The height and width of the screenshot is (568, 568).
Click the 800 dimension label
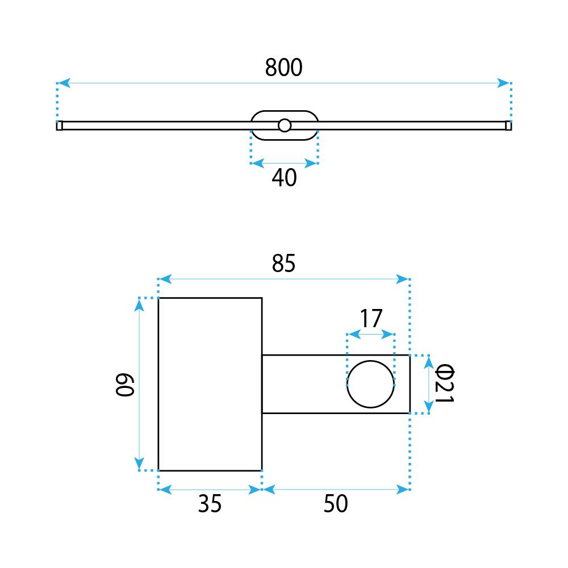pyautogui.click(x=283, y=68)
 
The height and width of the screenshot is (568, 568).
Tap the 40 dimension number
pyautogui.click(x=284, y=178)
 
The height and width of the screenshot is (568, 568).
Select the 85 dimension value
pyautogui.click(x=283, y=264)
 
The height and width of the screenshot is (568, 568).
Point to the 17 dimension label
pyautogui.click(x=371, y=319)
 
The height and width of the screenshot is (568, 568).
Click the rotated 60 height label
pyautogui.click(x=124, y=385)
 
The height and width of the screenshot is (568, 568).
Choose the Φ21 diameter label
pyautogui.click(x=445, y=385)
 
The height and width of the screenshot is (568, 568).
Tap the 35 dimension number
pyautogui.click(x=210, y=504)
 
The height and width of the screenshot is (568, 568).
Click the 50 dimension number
pyautogui.click(x=336, y=504)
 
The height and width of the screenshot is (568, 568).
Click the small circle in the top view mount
pyautogui.click(x=285, y=125)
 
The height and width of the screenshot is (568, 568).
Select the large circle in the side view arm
pyautogui.click(x=371, y=384)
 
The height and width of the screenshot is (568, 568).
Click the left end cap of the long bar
pyautogui.click(x=60, y=126)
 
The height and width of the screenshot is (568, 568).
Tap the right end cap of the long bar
pyautogui.click(x=508, y=126)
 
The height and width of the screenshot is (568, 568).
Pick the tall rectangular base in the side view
pyautogui.click(x=210, y=385)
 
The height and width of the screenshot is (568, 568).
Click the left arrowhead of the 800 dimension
pyautogui.click(x=64, y=83)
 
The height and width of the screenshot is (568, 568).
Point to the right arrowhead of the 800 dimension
pyautogui.click(x=504, y=83)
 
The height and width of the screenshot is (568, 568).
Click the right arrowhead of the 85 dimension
pyautogui.click(x=403, y=279)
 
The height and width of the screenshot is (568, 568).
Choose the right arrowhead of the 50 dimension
pyautogui.click(x=403, y=489)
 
